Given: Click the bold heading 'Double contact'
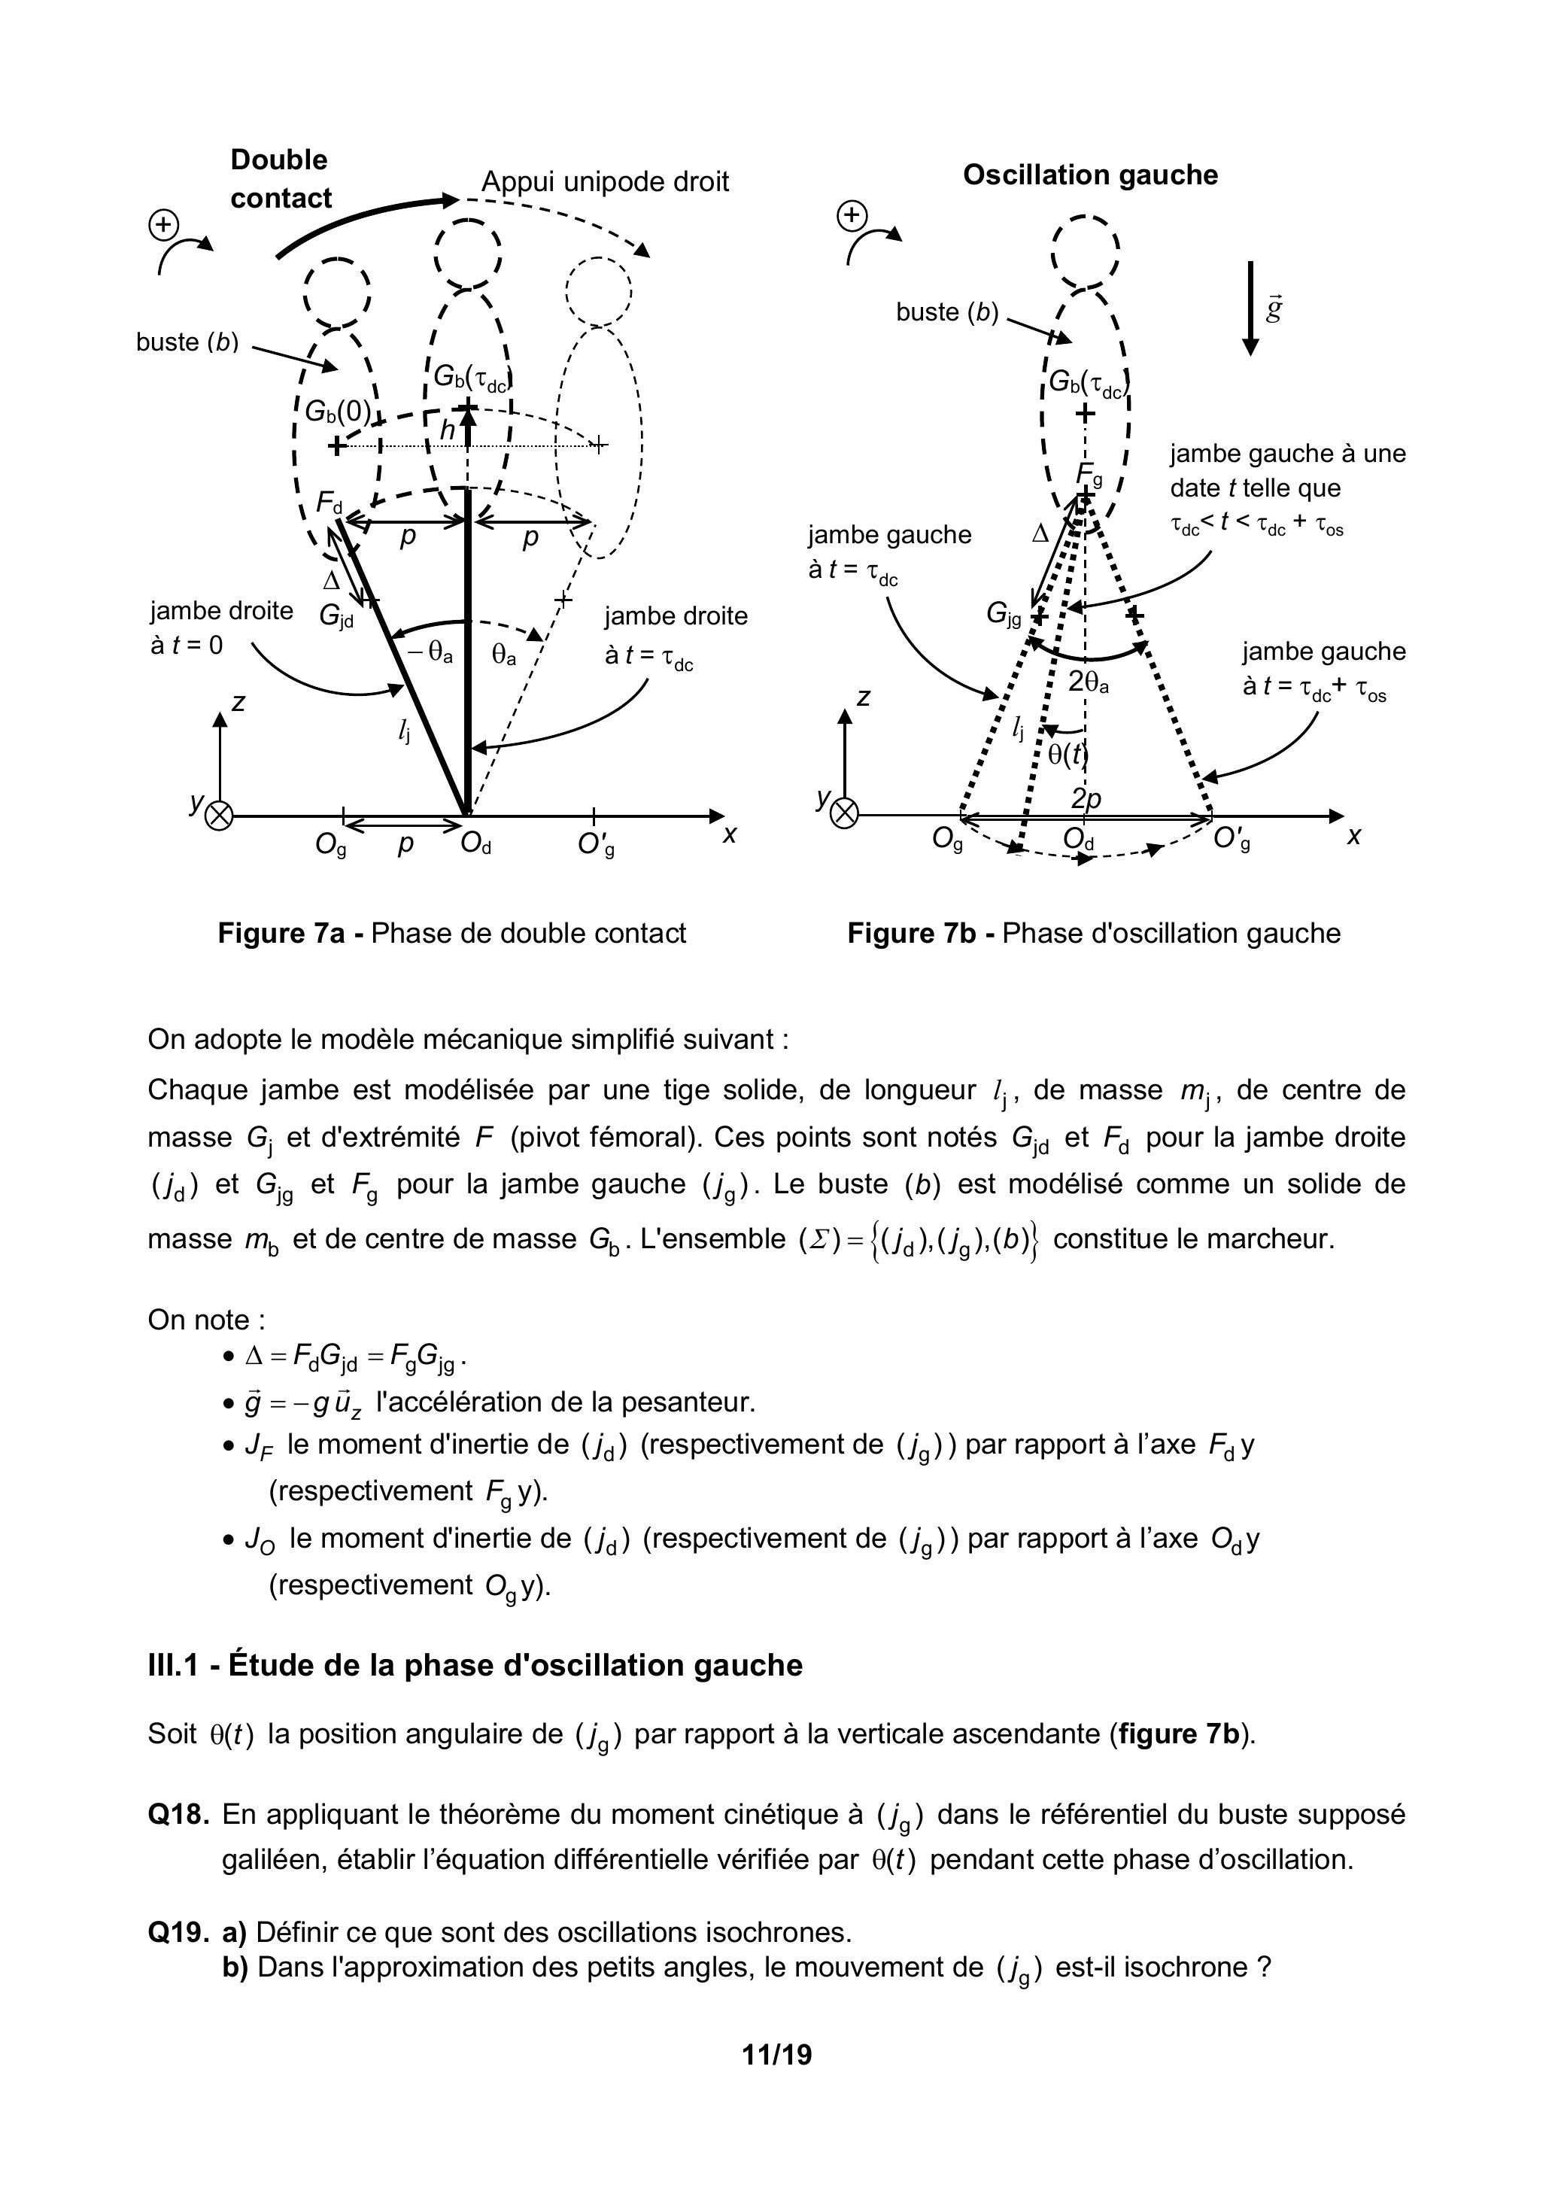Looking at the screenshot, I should tap(280, 179).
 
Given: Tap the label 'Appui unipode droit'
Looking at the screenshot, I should tap(605, 181).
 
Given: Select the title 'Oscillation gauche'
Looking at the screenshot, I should tap(1089, 175).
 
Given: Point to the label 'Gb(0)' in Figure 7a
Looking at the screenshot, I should tap(337, 411).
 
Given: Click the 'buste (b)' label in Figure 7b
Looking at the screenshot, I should tap(946, 312).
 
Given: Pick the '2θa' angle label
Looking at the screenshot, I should tap(1089, 682).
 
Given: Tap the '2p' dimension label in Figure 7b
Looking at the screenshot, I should tap(1086, 799).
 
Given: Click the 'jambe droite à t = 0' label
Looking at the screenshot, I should tap(221, 627).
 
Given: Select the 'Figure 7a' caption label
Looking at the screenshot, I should tap(281, 933).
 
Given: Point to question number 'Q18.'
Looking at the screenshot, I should tap(178, 1814).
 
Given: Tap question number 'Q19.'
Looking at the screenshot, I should tap(178, 1931).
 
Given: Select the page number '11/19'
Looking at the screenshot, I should tap(776, 2054).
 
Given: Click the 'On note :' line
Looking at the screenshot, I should tap(206, 1320).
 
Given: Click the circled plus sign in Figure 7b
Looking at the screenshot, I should tap(851, 217).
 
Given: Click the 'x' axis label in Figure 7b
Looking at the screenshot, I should tap(1354, 836).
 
